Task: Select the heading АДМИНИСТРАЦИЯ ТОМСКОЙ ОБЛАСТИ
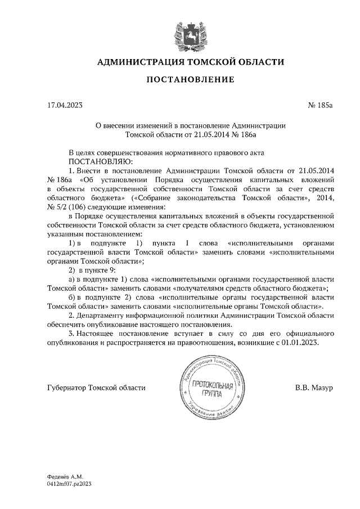(x=190, y=62)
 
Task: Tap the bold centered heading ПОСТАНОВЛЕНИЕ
(x=190, y=80)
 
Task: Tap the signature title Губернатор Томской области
(x=97, y=388)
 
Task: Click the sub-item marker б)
(x=71, y=298)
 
